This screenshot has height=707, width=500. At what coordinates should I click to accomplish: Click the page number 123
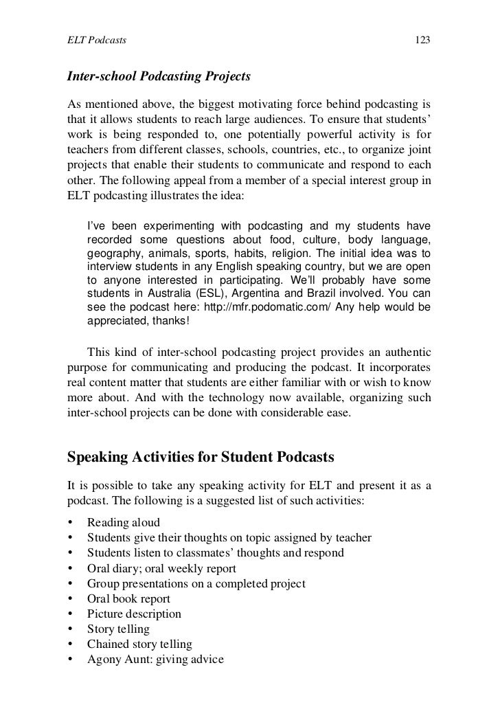click(422, 41)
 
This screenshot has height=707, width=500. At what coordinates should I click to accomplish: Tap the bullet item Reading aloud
click(124, 522)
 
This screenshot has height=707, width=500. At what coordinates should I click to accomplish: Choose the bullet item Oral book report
click(128, 598)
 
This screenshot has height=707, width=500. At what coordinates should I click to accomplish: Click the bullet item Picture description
click(134, 614)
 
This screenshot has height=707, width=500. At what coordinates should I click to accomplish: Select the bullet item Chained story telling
click(139, 644)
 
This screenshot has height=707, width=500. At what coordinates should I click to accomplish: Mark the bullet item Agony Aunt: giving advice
click(155, 660)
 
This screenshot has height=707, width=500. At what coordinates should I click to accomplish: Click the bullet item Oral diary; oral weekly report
click(161, 568)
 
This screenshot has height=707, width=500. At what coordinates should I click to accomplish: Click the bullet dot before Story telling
click(71, 629)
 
